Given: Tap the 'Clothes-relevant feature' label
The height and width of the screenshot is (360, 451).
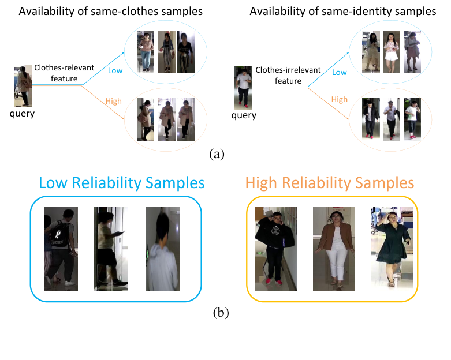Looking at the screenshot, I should [x=64, y=73].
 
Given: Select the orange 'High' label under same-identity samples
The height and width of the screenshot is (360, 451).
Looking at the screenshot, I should [x=340, y=99].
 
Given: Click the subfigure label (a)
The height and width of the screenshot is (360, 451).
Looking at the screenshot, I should [x=217, y=153].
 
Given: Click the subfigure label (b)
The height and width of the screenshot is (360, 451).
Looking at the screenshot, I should [x=221, y=313].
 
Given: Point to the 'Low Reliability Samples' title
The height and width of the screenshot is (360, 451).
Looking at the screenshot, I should [x=122, y=183].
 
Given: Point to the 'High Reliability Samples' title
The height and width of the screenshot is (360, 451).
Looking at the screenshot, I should [x=330, y=183].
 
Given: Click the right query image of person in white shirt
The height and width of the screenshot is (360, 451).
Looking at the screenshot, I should [x=243, y=87].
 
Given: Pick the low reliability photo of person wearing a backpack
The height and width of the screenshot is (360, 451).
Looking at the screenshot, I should [x=61, y=249].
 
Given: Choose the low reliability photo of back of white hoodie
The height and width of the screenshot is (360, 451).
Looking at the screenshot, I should [x=163, y=249].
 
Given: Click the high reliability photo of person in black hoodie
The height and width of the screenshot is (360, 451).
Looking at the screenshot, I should [x=276, y=249].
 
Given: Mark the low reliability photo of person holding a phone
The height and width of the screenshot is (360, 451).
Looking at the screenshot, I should [x=111, y=249].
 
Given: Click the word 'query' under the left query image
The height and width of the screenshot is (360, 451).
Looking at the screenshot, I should [x=23, y=113].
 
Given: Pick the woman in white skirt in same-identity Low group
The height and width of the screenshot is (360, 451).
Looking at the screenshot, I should [x=392, y=52].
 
